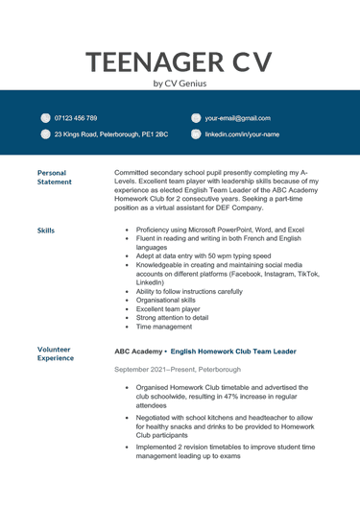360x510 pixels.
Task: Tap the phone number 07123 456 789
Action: [x=76, y=118]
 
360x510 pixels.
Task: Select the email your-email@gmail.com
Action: [x=237, y=118]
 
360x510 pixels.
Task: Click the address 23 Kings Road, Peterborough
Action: [x=110, y=134]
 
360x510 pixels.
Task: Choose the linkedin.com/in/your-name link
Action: [x=242, y=134]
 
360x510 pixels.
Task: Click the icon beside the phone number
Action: [x=45, y=118]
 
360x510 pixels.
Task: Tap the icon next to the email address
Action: [x=196, y=118]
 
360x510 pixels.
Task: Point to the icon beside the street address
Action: [x=45, y=134]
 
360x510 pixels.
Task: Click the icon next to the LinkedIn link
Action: [x=196, y=134]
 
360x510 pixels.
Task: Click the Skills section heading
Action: [x=46, y=231]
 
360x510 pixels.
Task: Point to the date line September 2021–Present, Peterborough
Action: [x=177, y=370]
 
